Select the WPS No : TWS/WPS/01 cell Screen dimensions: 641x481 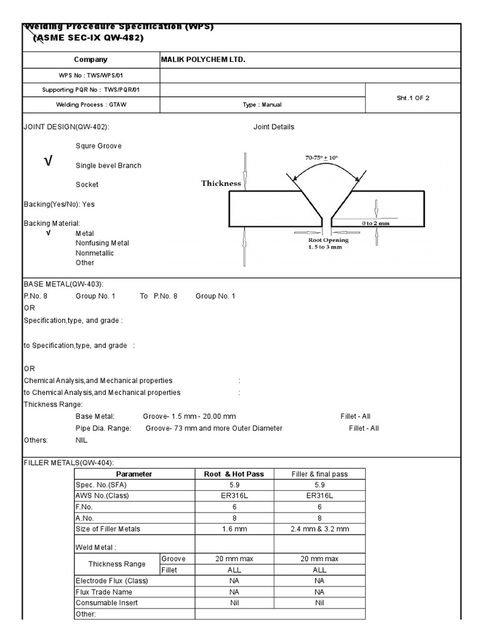coord(91,75)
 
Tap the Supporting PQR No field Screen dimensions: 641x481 coord(91,90)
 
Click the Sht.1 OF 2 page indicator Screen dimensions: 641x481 coord(413,98)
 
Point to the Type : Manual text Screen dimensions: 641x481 coord(262,105)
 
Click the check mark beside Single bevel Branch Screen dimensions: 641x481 coord(48,162)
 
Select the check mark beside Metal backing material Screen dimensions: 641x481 coord(48,233)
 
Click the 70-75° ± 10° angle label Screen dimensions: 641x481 coord(325,158)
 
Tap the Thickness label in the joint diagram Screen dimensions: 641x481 coord(220,183)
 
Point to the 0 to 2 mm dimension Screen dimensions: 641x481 coord(376,223)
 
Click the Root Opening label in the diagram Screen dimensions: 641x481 coord(328,240)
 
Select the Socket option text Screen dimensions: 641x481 coord(87,185)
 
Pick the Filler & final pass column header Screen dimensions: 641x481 coord(319,474)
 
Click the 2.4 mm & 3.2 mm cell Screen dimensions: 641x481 coord(319,529)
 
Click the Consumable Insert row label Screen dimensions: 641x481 coord(106,603)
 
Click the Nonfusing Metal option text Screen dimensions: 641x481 coord(103,243)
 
